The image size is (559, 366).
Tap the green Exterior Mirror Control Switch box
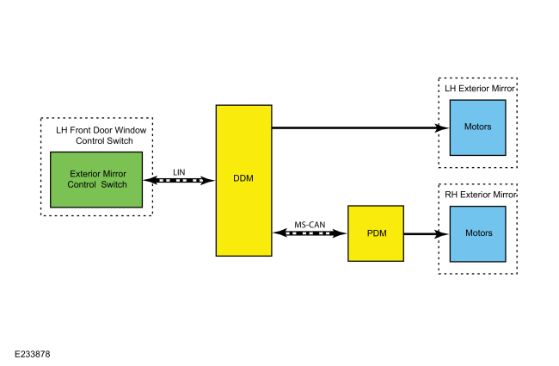97,179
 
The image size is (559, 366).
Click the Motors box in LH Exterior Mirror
477,127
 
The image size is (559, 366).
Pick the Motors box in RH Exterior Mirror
477,233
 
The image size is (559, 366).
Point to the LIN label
179,171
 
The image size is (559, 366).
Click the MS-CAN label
310,224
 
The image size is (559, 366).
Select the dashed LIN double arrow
179,181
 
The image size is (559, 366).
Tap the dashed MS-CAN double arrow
310,233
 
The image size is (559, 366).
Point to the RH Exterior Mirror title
481,195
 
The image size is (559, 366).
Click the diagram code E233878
32,353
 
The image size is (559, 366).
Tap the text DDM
243,179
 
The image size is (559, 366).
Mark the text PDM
376,233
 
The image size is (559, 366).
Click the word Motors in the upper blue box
477,127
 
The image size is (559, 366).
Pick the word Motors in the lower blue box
477,233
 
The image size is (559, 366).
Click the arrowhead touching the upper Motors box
443,127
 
